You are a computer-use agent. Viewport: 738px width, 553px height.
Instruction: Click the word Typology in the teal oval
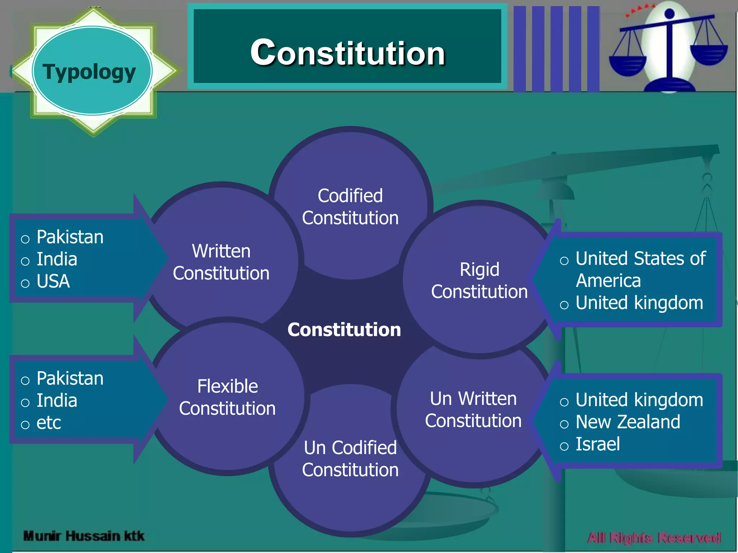point(89,72)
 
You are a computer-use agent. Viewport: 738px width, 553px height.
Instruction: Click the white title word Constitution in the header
point(348,53)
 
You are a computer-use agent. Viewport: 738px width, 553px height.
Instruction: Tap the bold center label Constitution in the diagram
point(344,329)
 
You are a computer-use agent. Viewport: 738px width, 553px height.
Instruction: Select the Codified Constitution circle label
point(350,207)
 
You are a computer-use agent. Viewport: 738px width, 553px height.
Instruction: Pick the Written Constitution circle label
point(221,262)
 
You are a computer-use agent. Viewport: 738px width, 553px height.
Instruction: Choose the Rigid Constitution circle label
point(479,280)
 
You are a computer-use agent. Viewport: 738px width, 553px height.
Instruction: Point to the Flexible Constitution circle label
point(227,397)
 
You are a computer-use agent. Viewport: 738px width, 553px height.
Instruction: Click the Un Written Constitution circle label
point(473,409)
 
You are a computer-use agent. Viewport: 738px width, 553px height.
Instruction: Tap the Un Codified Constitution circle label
point(350,459)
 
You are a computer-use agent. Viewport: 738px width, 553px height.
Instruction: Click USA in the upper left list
point(53,281)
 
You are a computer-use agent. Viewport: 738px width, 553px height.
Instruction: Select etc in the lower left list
point(49,423)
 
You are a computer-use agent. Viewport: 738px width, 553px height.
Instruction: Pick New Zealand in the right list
point(628,422)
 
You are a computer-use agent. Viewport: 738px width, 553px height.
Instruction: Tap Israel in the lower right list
point(597,444)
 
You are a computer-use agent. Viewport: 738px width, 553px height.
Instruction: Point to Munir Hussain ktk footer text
point(84,536)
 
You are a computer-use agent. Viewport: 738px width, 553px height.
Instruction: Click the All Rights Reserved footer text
point(654,538)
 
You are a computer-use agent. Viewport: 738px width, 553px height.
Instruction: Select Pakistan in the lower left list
point(70,378)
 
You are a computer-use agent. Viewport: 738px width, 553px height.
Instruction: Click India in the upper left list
point(57,259)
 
